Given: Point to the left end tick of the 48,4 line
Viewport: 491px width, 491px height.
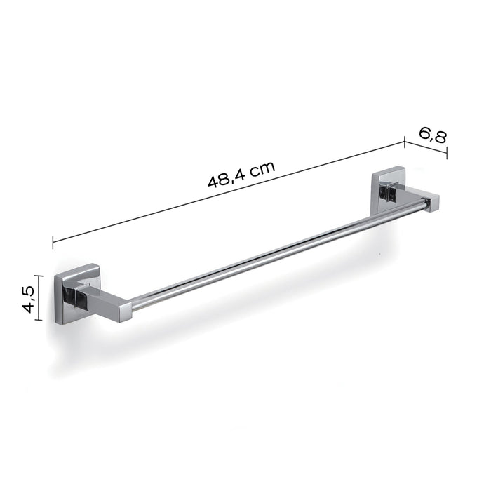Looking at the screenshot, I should (x=53, y=243).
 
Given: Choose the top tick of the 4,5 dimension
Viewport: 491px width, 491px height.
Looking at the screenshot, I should (x=41, y=276).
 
